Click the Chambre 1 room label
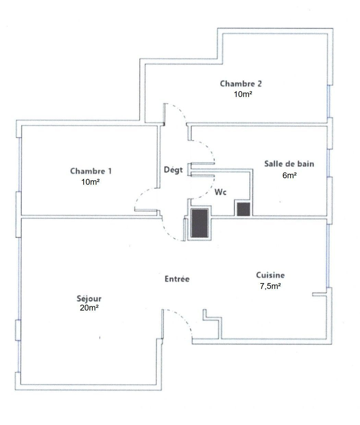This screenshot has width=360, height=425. click(91, 171)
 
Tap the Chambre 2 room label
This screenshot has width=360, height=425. click(241, 84)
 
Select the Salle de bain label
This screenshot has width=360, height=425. click(289, 164)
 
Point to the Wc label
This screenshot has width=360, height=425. click(220, 192)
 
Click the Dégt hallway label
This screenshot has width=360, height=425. click(173, 170)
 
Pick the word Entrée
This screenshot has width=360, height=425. click(177, 279)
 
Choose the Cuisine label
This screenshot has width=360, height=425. click(270, 275)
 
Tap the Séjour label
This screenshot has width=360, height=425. click(89, 299)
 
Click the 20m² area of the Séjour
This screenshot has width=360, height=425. click(89, 308)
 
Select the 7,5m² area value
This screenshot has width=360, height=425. click(270, 286)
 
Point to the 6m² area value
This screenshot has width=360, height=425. click(289, 175)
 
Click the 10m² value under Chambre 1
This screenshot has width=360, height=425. click(91, 182)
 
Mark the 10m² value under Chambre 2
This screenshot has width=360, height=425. click(243, 94)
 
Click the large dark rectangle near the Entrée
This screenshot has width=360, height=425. click(200, 223)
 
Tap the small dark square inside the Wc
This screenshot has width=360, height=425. click(243, 209)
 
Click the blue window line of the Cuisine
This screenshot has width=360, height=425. click(328, 256)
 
